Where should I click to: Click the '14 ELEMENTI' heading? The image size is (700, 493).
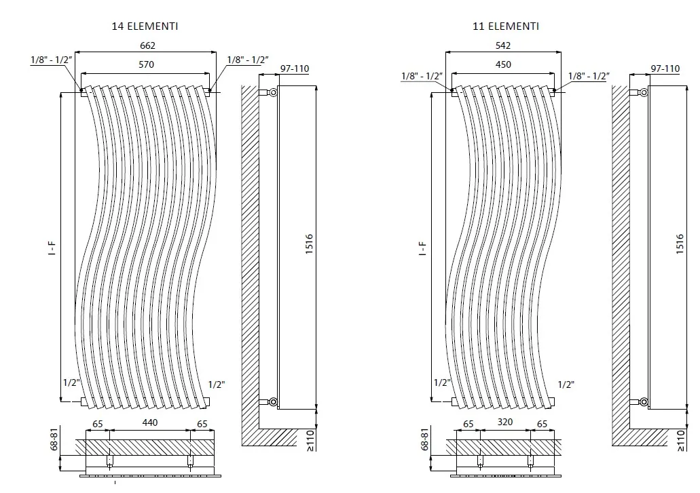(x=145, y=26)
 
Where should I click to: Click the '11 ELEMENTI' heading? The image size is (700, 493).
(x=506, y=26)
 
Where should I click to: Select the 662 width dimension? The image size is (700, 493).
(x=148, y=45)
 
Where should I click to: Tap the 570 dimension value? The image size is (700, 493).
(x=147, y=64)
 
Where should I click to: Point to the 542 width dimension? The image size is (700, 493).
(x=503, y=45)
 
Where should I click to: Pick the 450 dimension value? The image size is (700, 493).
(x=503, y=64)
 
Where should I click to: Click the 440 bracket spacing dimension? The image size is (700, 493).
(x=150, y=422)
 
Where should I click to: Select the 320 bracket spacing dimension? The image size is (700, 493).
(x=505, y=422)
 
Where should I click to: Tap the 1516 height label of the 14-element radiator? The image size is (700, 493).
(x=310, y=244)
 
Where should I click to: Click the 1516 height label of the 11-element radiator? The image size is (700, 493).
(x=680, y=244)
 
